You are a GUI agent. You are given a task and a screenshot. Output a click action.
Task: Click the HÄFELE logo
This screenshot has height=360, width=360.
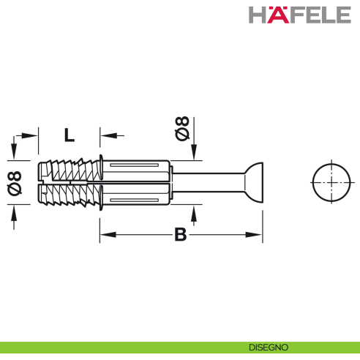300,15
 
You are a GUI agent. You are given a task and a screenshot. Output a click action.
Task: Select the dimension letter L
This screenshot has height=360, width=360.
69,135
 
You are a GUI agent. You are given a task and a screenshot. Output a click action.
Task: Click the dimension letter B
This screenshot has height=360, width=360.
180,234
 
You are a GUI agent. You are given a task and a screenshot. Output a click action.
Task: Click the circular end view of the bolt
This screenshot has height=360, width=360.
332,181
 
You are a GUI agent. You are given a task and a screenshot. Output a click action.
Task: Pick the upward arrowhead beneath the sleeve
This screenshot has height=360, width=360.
193,211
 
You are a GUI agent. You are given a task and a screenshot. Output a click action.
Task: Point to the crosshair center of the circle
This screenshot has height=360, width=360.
332,181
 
